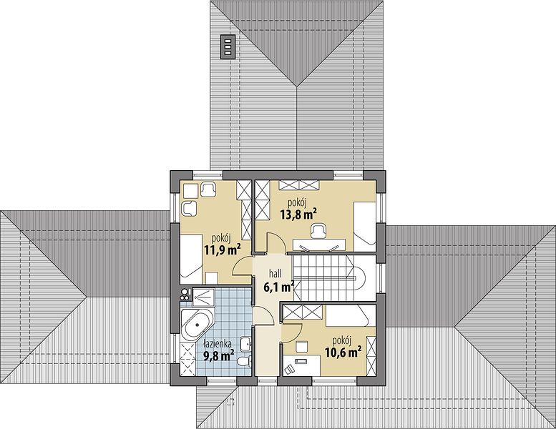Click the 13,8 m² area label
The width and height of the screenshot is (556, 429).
[x=298, y=214]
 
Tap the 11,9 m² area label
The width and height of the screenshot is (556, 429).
[x=223, y=250]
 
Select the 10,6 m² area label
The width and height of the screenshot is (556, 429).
[x=343, y=352]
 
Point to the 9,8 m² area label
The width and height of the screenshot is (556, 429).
[x=219, y=355]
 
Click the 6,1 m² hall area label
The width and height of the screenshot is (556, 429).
[x=278, y=286]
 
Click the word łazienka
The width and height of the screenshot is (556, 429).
[x=218, y=343]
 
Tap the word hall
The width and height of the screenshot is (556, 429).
[x=275, y=273]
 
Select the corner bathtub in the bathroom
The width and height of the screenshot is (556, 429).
[x=197, y=325]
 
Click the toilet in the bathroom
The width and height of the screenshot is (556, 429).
[x=244, y=362]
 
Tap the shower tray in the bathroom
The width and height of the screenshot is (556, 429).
[x=203, y=297]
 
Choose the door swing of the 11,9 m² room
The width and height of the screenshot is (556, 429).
[x=242, y=267]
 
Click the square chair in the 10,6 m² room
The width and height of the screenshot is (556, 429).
[x=302, y=347]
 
